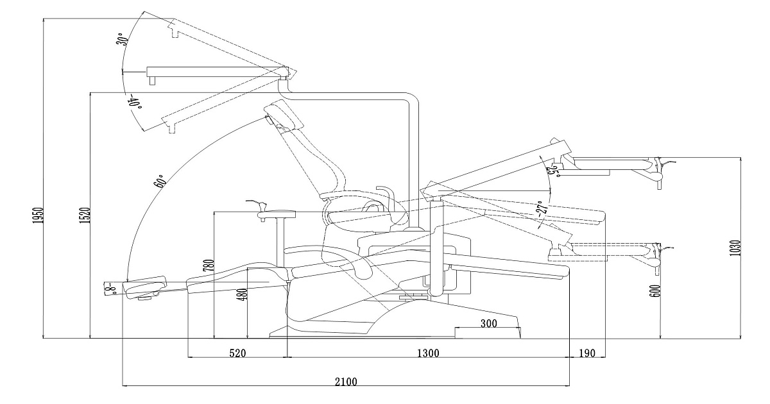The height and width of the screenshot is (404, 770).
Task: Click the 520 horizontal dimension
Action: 237,353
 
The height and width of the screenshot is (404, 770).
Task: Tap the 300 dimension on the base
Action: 489,324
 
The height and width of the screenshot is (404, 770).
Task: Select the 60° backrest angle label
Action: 160,181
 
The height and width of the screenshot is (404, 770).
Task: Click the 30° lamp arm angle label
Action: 121,39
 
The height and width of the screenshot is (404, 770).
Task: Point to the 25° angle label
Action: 551,169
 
